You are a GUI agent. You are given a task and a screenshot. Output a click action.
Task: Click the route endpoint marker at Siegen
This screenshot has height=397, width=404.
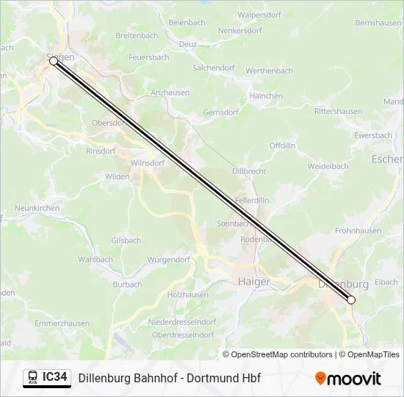click(x=54, y=62)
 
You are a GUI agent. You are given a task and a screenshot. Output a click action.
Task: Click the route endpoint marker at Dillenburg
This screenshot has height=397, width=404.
click(x=351, y=300)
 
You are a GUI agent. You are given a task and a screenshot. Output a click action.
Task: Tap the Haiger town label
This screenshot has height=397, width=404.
click(x=254, y=282)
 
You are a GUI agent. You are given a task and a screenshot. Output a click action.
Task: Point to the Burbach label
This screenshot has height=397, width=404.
click(x=127, y=285)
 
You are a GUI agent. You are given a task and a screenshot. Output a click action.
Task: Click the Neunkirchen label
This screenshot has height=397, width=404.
click(x=37, y=209)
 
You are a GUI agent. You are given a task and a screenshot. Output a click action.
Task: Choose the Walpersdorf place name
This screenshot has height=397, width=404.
click(x=260, y=15)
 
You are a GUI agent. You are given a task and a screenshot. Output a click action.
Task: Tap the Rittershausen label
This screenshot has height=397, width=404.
click(x=338, y=111)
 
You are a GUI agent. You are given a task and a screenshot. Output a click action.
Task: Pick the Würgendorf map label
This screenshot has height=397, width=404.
click(x=168, y=260)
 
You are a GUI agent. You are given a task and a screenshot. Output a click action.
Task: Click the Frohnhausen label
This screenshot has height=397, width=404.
click(x=358, y=230)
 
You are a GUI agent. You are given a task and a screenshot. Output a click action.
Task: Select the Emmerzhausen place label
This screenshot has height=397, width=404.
click(x=62, y=323)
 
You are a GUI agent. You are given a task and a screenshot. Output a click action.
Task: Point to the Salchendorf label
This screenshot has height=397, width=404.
click(x=213, y=68)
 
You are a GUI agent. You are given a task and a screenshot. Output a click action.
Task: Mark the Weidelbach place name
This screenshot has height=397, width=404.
click(x=328, y=167)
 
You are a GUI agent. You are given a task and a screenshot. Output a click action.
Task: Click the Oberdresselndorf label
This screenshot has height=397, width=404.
click(x=183, y=335)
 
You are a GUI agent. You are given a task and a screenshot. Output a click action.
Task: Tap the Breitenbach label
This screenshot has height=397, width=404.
click(x=137, y=35)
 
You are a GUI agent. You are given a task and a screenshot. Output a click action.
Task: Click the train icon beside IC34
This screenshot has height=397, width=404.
click(x=32, y=378)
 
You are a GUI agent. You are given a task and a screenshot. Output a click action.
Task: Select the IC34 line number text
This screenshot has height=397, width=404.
click(x=55, y=378)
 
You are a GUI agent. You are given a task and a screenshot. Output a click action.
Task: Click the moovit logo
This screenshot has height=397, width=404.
click(x=348, y=379)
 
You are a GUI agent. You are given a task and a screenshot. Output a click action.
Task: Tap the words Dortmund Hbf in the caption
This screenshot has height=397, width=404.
click(x=224, y=379)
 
